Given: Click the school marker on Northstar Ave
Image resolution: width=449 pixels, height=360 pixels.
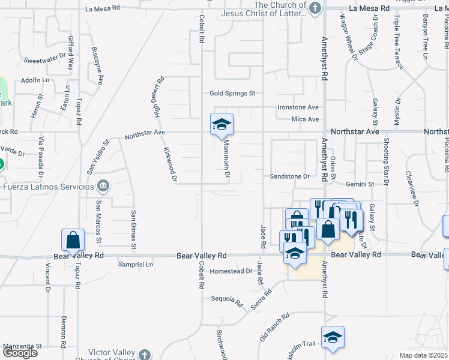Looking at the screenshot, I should pyautogui.click(x=221, y=124).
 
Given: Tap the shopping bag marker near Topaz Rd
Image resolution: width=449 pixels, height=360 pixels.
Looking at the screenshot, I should pyautogui.click(x=73, y=240).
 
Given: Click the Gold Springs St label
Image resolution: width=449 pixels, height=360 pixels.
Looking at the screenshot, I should pyautogui.click(x=232, y=94).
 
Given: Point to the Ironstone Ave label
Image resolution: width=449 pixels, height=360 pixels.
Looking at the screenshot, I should pyautogui.click(x=298, y=107).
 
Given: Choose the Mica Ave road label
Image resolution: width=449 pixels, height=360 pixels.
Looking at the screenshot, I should pyautogui.click(x=306, y=119).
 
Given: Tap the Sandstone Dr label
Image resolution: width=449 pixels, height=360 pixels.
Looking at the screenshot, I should pyautogui.click(x=289, y=176).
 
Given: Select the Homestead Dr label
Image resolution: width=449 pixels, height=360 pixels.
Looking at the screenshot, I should pyautogui.click(x=232, y=271).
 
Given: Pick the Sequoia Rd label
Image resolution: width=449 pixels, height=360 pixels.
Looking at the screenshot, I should pyautogui.click(x=226, y=299).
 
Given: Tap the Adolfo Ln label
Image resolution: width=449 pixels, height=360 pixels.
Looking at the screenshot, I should pyautogui.click(x=35, y=80).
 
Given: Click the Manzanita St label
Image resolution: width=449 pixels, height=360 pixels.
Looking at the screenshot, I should pyautogui.click(x=22, y=346).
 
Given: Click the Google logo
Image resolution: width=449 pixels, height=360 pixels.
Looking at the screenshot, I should pyautogui.click(x=20, y=353).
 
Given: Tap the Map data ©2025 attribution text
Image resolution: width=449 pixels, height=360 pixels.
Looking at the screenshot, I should pyautogui.click(x=423, y=355).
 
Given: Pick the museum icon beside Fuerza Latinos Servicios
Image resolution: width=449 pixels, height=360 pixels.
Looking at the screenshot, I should pyautogui.click(x=104, y=185).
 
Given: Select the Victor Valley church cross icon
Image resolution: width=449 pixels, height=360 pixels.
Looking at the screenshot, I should pyautogui.click(x=144, y=354).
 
